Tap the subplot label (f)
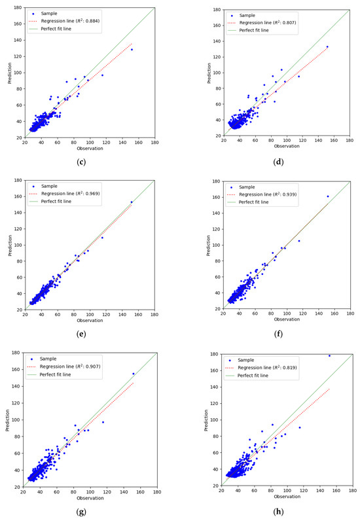pos(287,336)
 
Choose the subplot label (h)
pos(287,510)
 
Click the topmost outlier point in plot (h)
pos(329,356)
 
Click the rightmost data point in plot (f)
pos(328,196)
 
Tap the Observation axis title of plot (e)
pos(90,320)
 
